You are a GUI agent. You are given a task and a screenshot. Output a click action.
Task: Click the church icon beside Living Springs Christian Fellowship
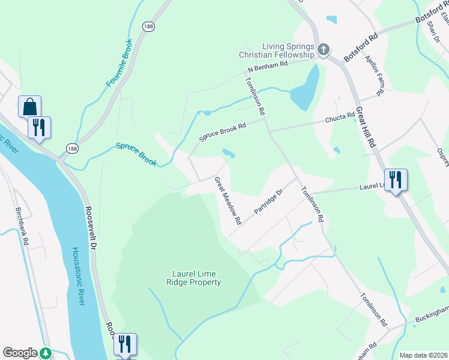point(324,49)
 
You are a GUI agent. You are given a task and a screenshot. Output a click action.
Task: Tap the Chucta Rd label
point(340,119)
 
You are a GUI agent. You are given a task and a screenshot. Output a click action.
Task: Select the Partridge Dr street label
point(267,203)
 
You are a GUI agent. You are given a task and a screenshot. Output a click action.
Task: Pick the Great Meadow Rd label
point(228,200)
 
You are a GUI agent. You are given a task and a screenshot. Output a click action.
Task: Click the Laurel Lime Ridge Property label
point(193,278)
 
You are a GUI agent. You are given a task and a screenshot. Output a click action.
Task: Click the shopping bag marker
point(29,107)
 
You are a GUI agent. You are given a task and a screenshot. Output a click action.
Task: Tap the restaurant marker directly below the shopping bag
point(40,127)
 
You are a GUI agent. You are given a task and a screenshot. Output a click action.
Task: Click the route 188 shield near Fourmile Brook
point(148,26)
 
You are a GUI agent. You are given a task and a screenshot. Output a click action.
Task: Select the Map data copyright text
point(423,355)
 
